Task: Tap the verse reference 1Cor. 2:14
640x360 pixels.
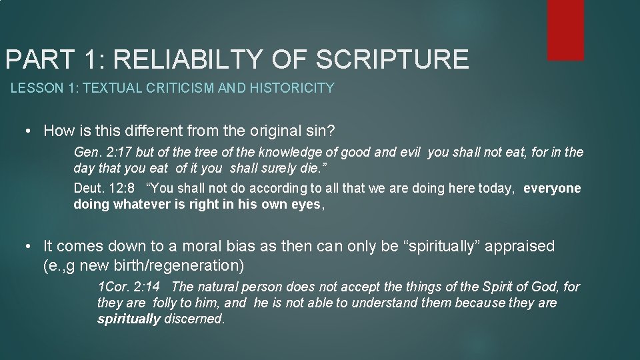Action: click(130, 287)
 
